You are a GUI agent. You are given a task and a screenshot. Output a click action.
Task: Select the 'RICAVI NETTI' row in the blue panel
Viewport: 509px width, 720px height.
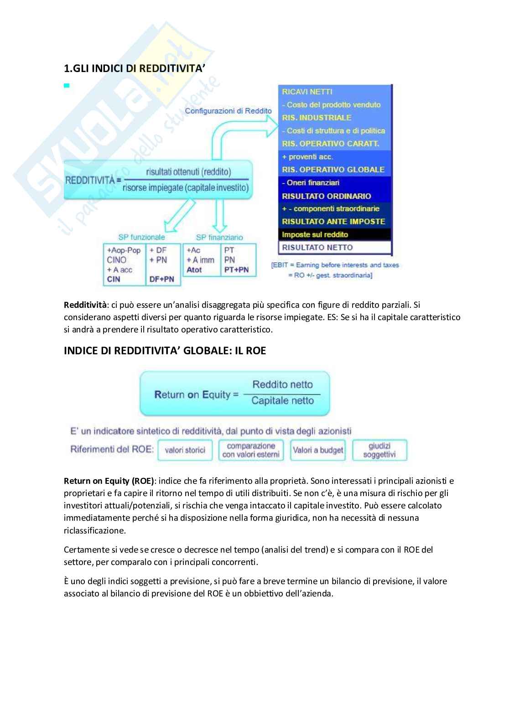[x=307, y=92]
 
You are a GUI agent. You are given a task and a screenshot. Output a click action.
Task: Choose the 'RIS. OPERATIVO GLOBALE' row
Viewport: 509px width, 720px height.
[x=333, y=170]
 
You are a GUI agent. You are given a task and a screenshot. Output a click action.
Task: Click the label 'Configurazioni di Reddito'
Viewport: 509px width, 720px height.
[x=228, y=111]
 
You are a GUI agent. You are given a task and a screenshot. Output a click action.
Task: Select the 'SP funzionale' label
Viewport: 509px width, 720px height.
[x=141, y=237]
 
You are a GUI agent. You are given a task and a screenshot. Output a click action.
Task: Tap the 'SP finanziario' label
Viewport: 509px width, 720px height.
[x=219, y=237]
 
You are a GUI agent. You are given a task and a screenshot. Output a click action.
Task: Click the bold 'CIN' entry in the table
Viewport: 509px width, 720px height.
[x=114, y=279]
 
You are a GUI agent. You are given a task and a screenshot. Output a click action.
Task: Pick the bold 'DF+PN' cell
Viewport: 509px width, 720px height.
[x=161, y=279]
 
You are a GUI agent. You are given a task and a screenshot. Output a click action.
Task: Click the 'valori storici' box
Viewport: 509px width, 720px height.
[x=185, y=450]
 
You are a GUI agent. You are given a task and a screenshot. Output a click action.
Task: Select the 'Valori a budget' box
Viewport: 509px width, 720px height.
[x=318, y=450]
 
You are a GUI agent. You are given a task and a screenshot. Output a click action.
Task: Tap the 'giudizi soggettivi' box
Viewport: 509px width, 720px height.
[x=379, y=450]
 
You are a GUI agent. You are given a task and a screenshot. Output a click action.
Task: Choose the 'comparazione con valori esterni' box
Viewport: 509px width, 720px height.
[x=251, y=450]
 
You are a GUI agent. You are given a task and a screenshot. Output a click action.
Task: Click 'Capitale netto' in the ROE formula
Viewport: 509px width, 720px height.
[x=283, y=401]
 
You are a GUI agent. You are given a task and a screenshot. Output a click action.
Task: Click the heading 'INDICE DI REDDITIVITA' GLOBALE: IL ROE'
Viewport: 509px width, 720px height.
[x=165, y=351]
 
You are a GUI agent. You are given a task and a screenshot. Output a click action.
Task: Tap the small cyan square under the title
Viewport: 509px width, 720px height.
[x=67, y=85]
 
